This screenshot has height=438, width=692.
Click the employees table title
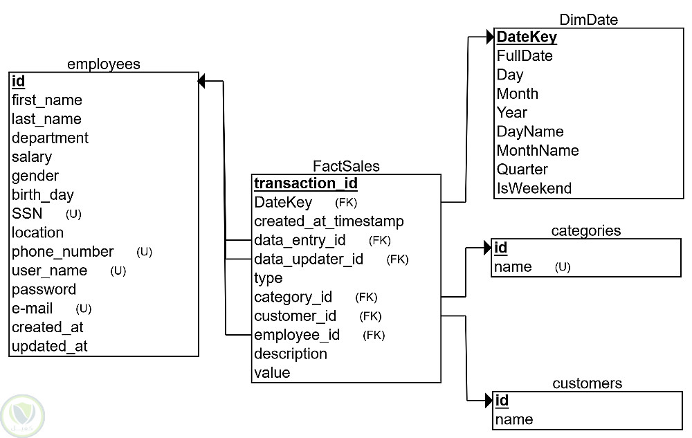[x=103, y=64]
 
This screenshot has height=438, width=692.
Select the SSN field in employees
[x=27, y=214]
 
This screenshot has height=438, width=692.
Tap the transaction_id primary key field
[x=306, y=184]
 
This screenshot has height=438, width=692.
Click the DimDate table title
[x=588, y=20]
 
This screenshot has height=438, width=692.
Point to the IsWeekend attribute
[x=534, y=188]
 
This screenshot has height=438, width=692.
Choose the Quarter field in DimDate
[x=522, y=170]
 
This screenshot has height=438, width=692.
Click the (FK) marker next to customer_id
[x=370, y=316]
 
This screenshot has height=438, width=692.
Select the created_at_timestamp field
[x=329, y=221]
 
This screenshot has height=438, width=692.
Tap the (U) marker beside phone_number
[x=144, y=252]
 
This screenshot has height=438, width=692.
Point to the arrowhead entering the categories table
[x=487, y=248]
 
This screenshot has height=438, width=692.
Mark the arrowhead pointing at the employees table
[x=202, y=82]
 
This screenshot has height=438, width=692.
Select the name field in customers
[x=514, y=419]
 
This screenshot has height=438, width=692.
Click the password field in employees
[x=44, y=290]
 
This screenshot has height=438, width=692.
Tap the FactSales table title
[x=346, y=166]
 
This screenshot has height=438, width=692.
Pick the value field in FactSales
[x=272, y=373]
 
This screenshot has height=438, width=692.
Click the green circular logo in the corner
[x=23, y=414]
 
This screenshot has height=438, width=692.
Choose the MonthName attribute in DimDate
[x=537, y=151]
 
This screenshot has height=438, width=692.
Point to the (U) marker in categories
[x=563, y=267]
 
